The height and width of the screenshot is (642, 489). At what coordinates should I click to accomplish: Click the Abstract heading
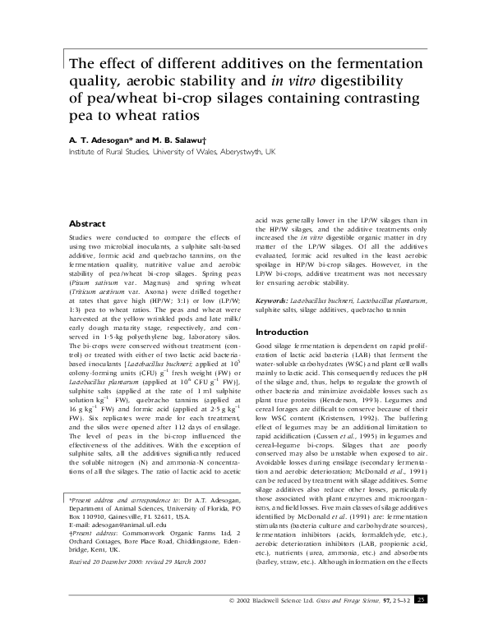coord(86,223)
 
